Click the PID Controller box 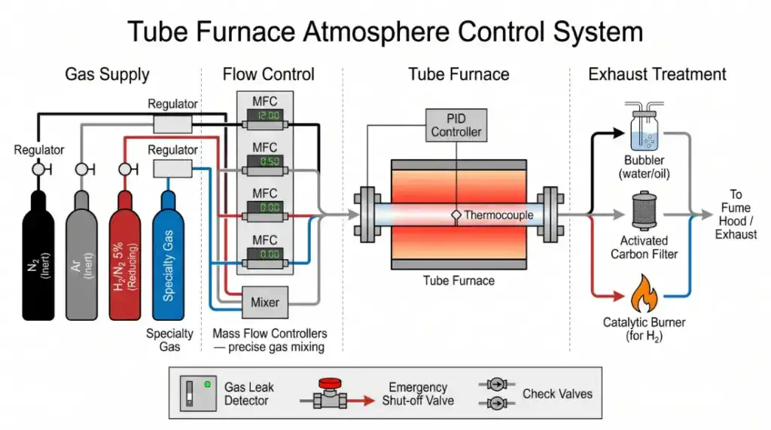click(456, 125)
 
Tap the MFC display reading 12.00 click(267, 117)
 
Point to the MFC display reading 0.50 click(267, 162)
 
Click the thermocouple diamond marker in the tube click(456, 215)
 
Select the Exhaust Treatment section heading click(657, 74)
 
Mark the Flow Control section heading click(268, 74)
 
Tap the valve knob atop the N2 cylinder click(38, 170)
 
